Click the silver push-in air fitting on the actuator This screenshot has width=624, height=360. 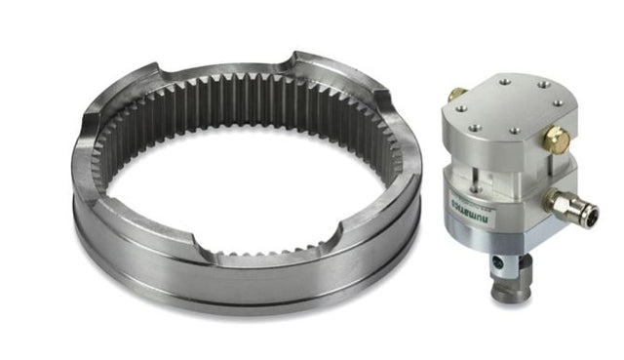[566, 204]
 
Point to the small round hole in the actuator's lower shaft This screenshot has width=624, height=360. [504, 263]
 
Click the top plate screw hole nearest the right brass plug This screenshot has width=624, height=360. [539, 129]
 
